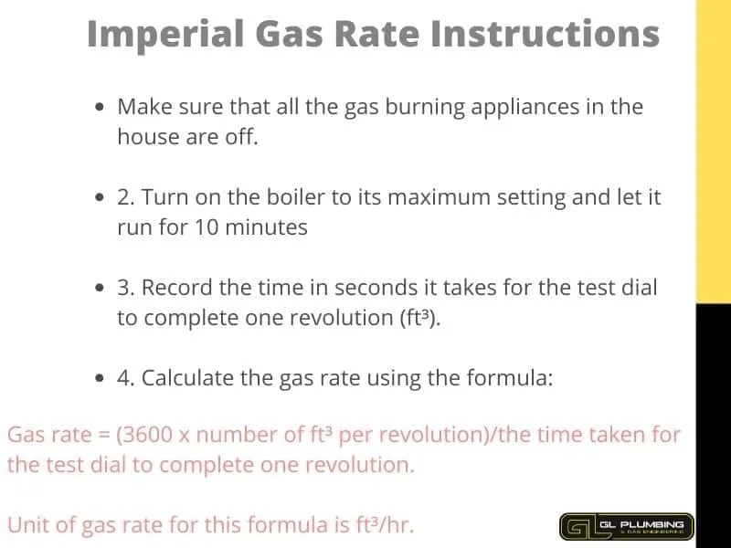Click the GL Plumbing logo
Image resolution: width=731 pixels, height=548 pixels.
(627, 526)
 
